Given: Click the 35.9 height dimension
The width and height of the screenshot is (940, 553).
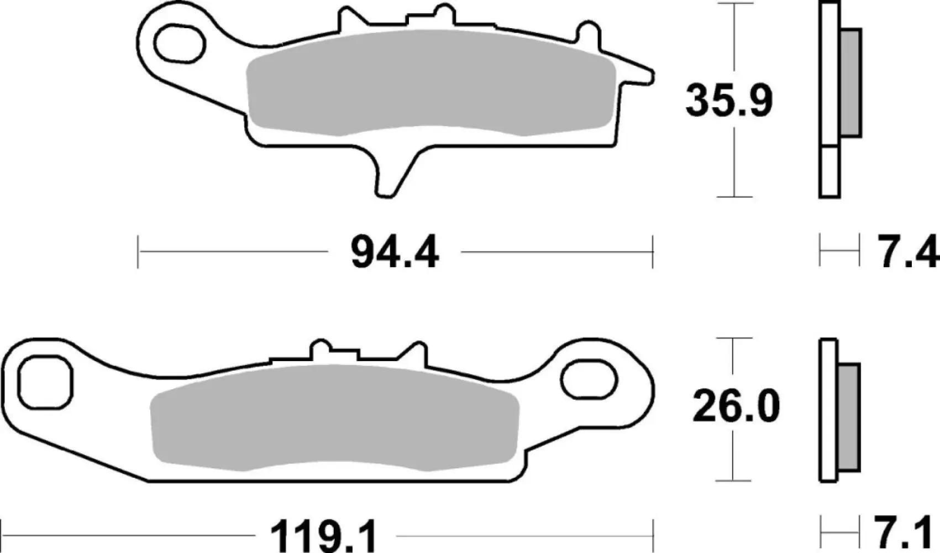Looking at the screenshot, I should tap(728, 101).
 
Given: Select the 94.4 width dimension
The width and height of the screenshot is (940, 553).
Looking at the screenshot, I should tap(395, 253).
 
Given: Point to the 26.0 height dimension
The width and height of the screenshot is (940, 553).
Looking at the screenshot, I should tap(736, 407).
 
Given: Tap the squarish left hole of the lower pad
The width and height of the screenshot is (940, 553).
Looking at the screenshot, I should tap(45, 383).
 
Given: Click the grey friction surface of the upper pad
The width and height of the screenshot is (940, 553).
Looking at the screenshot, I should tap(431, 83).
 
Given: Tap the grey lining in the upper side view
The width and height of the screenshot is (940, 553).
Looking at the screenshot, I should tap(850, 83).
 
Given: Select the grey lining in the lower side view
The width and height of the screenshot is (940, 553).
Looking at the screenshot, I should tap(849, 418).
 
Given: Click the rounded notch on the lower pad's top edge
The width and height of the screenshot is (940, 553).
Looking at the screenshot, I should tap(320, 350).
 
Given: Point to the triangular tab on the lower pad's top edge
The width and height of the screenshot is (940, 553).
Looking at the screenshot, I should tap(417, 353).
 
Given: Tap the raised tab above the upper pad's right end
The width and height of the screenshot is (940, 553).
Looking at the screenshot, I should tap(587, 33).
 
